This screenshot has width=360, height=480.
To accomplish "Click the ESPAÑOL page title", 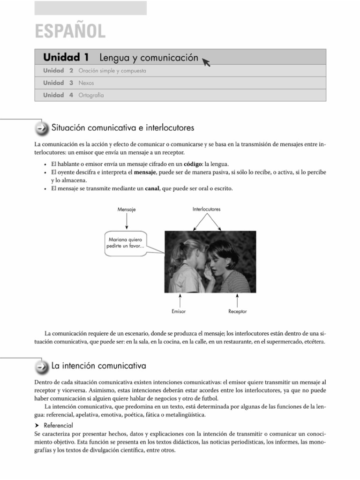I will click(70, 31).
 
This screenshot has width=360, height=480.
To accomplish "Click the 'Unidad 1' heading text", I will click(66, 58).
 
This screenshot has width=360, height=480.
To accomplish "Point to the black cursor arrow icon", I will click(206, 61).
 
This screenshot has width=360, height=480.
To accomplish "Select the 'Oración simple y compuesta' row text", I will click(112, 71).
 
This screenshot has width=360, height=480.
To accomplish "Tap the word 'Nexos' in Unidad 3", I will click(86, 83).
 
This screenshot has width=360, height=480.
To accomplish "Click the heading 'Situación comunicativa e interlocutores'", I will click(123, 127).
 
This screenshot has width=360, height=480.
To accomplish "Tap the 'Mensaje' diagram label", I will click(127, 210).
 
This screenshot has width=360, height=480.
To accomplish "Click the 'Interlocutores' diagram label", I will click(206, 209).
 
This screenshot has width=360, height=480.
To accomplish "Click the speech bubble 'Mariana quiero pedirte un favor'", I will click(127, 243).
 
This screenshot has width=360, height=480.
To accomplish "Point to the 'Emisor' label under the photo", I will click(179, 311).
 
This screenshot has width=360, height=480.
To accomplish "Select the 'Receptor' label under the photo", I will click(238, 311).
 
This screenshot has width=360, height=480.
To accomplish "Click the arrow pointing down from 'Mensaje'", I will click(127, 220).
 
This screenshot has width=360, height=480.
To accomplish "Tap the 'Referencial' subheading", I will click(58, 426).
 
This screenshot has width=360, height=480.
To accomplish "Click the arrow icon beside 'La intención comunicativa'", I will click(42, 366).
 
